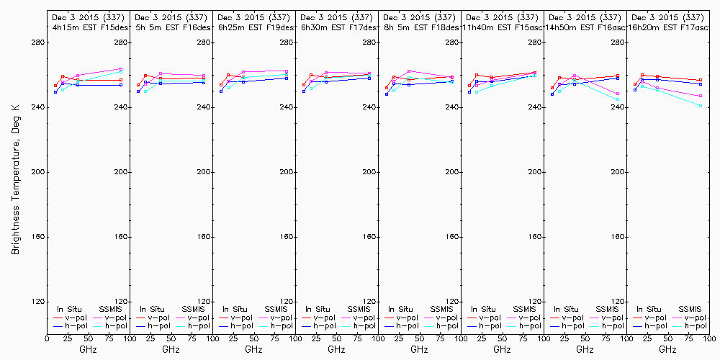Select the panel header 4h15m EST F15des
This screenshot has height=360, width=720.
pyautogui.click(x=88, y=27)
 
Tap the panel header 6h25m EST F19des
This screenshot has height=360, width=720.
pyautogui.click(x=253, y=27)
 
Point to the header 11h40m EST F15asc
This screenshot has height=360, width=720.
pyautogui.click(x=502, y=27)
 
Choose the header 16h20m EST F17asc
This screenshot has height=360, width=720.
pyautogui.click(x=667, y=27)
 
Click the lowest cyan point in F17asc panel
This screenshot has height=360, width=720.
pyautogui.click(x=701, y=106)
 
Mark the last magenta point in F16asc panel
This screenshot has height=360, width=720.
pyautogui.click(x=618, y=94)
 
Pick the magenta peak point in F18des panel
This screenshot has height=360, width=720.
pyautogui.click(x=409, y=71)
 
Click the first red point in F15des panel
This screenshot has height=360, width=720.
pyautogui.click(x=55, y=86)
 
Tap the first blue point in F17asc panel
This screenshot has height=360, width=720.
pyautogui.click(x=635, y=90)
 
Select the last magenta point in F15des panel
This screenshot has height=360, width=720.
pyautogui.click(x=121, y=69)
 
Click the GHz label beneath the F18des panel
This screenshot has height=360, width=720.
pyautogui.click(x=419, y=349)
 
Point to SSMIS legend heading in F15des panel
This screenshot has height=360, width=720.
pyautogui.click(x=112, y=309)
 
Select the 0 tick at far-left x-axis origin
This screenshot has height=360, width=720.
pyautogui.click(x=47, y=338)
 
